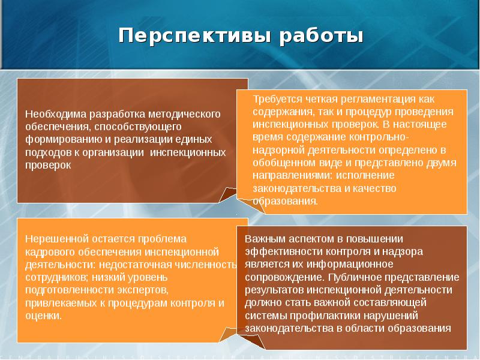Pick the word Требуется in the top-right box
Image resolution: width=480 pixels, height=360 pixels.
274,98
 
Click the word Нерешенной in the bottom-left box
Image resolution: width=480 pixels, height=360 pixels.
53,238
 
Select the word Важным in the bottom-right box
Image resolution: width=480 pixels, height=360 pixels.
262,238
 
